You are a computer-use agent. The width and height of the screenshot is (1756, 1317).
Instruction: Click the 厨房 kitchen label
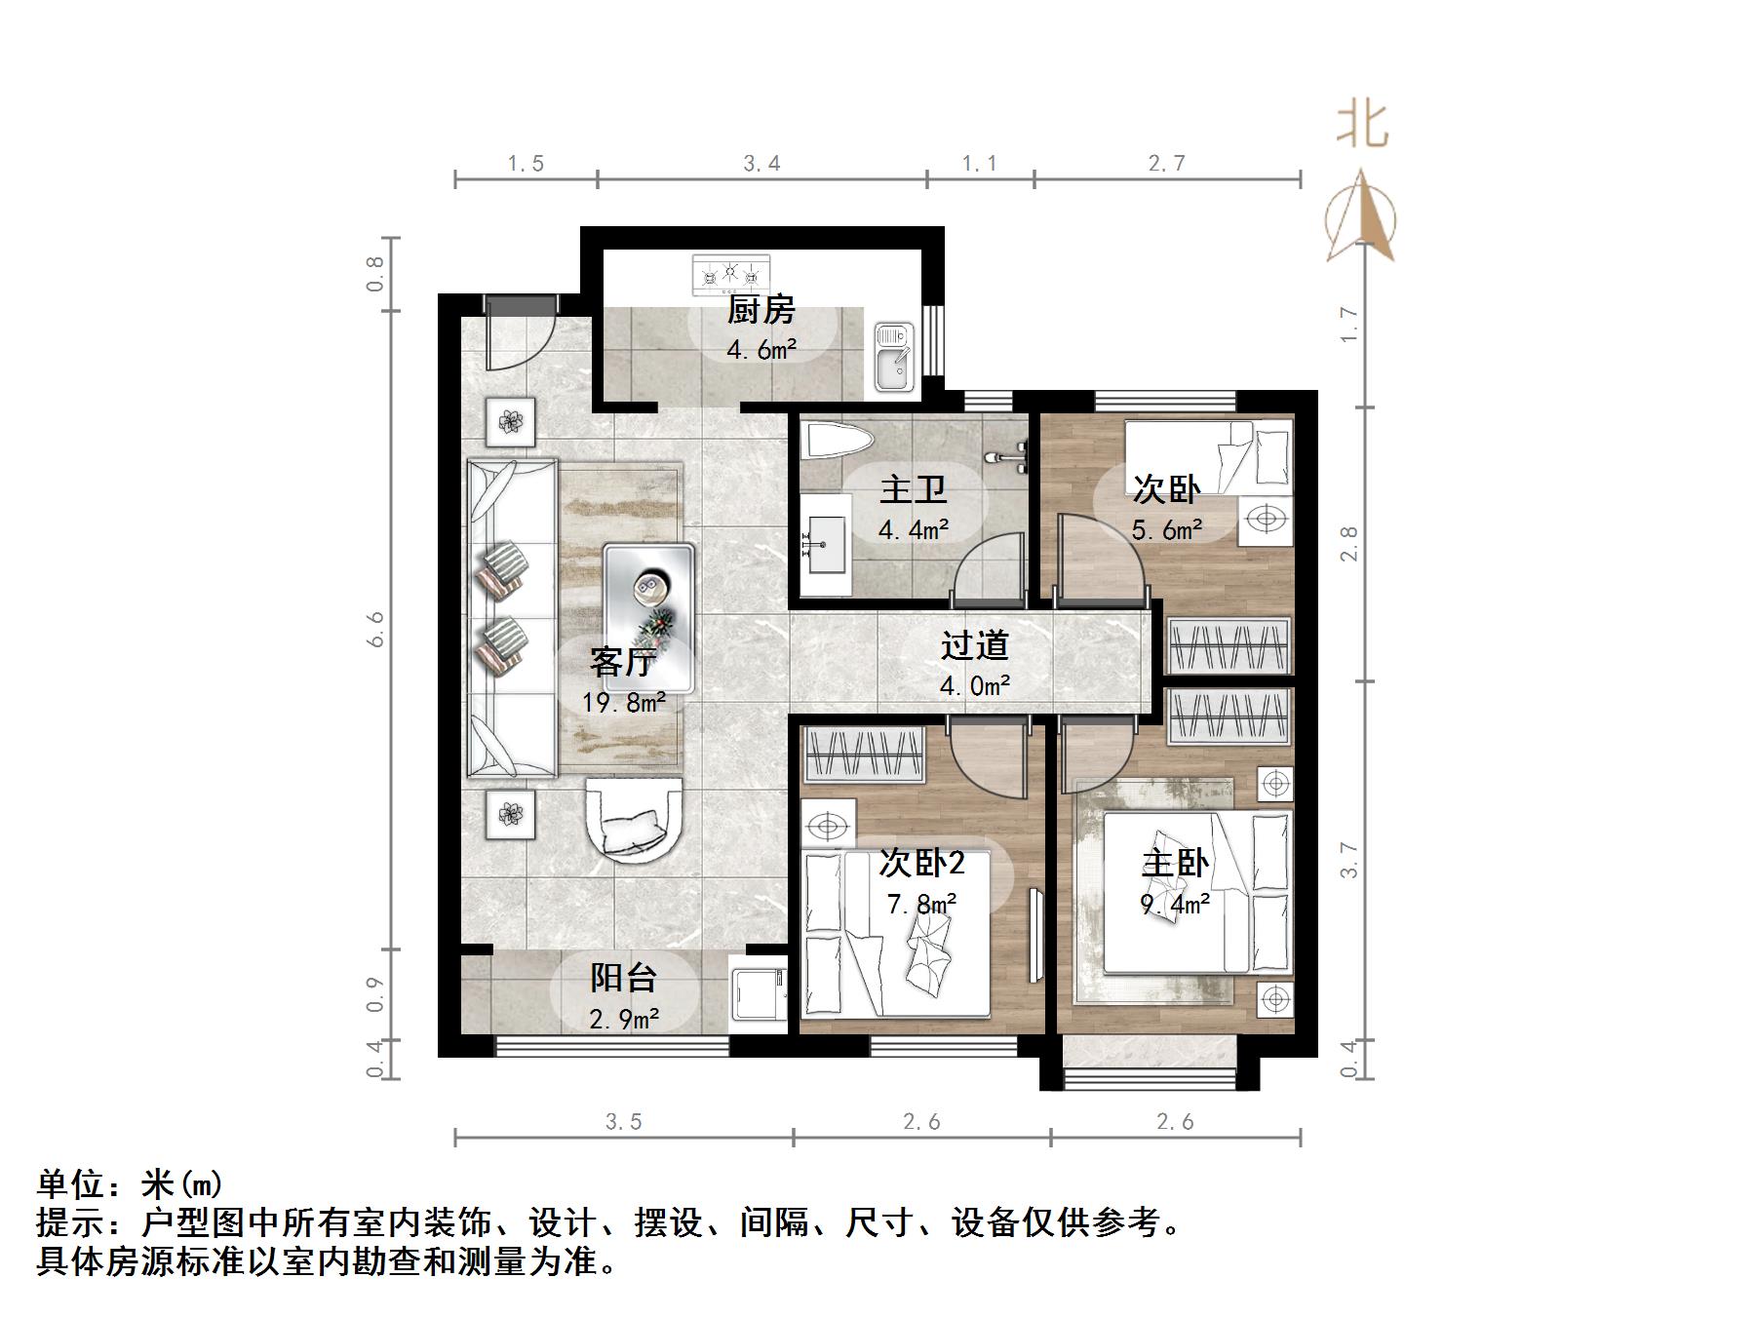point(761,311)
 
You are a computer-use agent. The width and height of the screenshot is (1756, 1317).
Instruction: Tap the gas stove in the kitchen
point(730,275)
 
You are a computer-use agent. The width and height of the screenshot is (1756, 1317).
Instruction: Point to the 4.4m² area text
point(913,530)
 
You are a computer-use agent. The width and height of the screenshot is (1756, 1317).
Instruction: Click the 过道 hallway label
point(974,646)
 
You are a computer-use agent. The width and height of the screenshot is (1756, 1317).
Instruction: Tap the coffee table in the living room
point(648,618)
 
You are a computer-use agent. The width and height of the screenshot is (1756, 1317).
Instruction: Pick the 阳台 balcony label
point(624,978)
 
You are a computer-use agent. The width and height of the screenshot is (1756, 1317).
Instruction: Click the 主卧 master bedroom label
point(1175,864)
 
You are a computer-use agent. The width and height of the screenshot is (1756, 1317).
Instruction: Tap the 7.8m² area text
point(920,905)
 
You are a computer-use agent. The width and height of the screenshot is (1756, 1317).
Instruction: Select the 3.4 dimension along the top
point(761,164)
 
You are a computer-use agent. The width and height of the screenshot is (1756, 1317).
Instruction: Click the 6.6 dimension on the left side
point(376,630)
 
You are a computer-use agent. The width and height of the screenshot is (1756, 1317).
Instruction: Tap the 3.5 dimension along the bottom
point(623,1122)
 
